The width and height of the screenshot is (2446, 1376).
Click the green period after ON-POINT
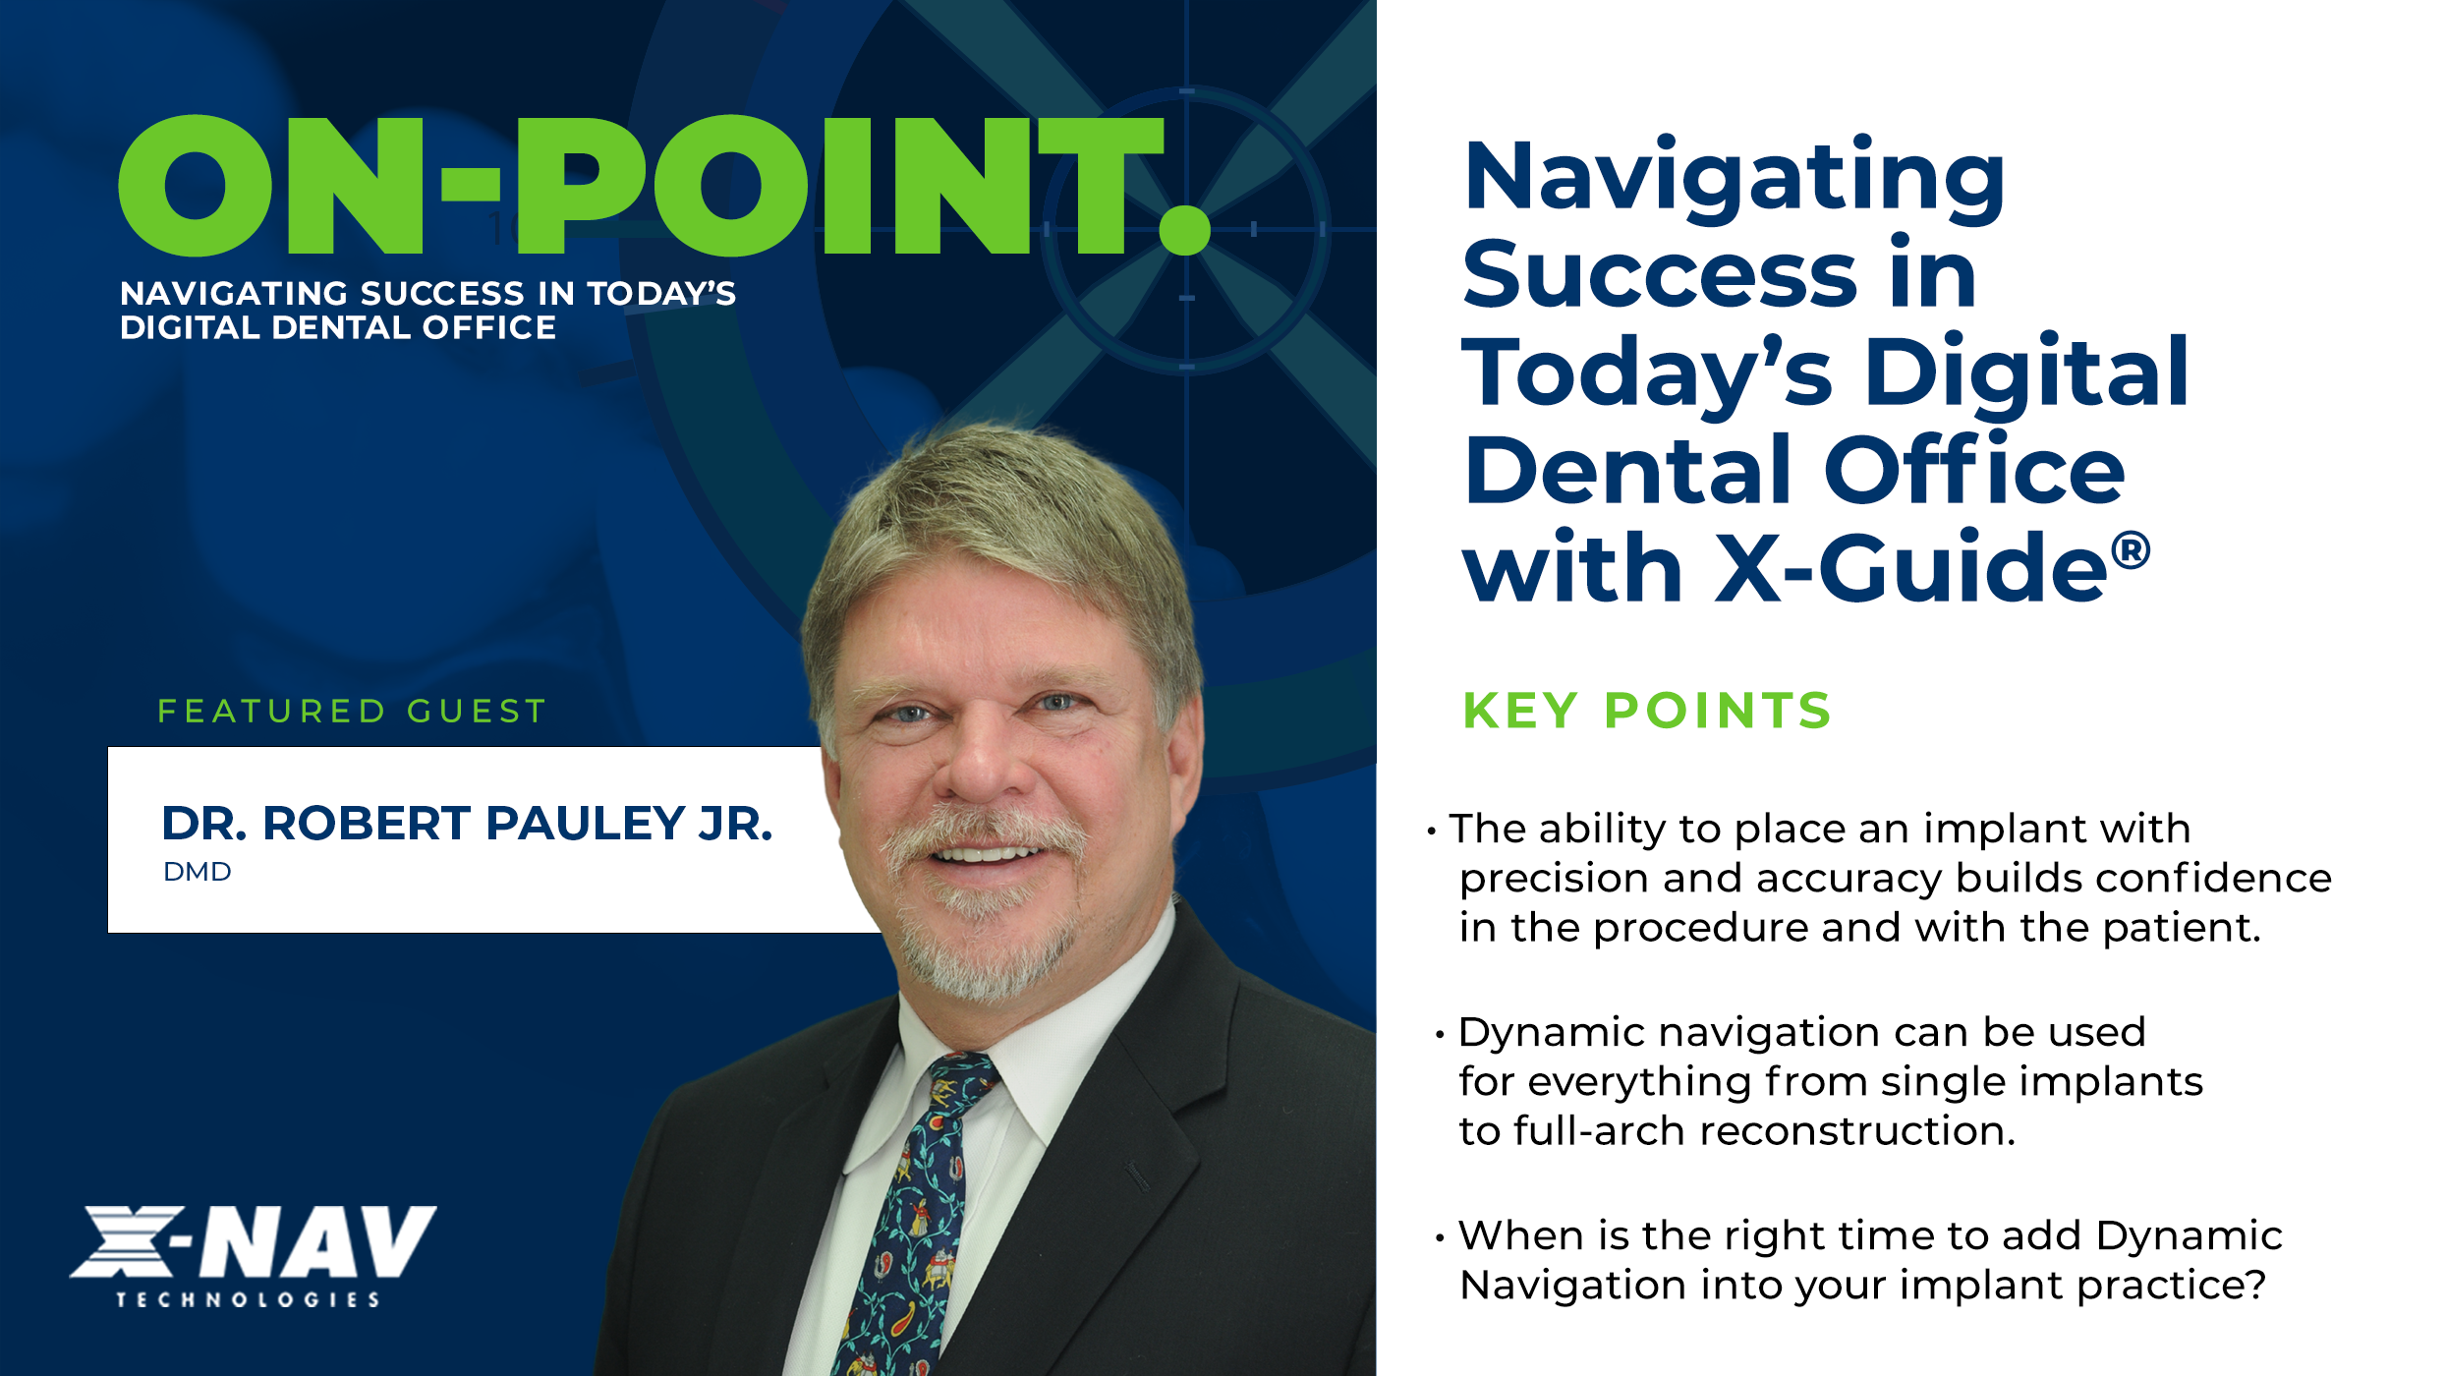[x=1184, y=230]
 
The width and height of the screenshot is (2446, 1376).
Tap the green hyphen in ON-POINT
[x=471, y=184]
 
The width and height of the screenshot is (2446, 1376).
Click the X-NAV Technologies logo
[x=253, y=1257]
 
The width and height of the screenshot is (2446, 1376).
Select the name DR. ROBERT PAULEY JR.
[x=467, y=824]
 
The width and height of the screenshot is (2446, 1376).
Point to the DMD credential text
[x=198, y=872]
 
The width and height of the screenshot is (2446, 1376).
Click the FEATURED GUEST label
[x=352, y=711]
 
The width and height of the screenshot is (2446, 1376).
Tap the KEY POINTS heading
[x=1647, y=711]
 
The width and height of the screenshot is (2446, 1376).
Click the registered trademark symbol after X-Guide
[x=2130, y=551]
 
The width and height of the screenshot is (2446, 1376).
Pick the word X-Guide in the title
[x=1911, y=567]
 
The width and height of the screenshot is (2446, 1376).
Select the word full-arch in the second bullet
[x=1592, y=1130]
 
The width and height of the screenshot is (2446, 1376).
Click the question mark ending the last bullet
[x=2255, y=1285]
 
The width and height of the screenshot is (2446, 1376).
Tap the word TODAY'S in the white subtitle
[x=661, y=293]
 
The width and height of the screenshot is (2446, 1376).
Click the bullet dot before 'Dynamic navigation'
[x=1440, y=1035]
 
